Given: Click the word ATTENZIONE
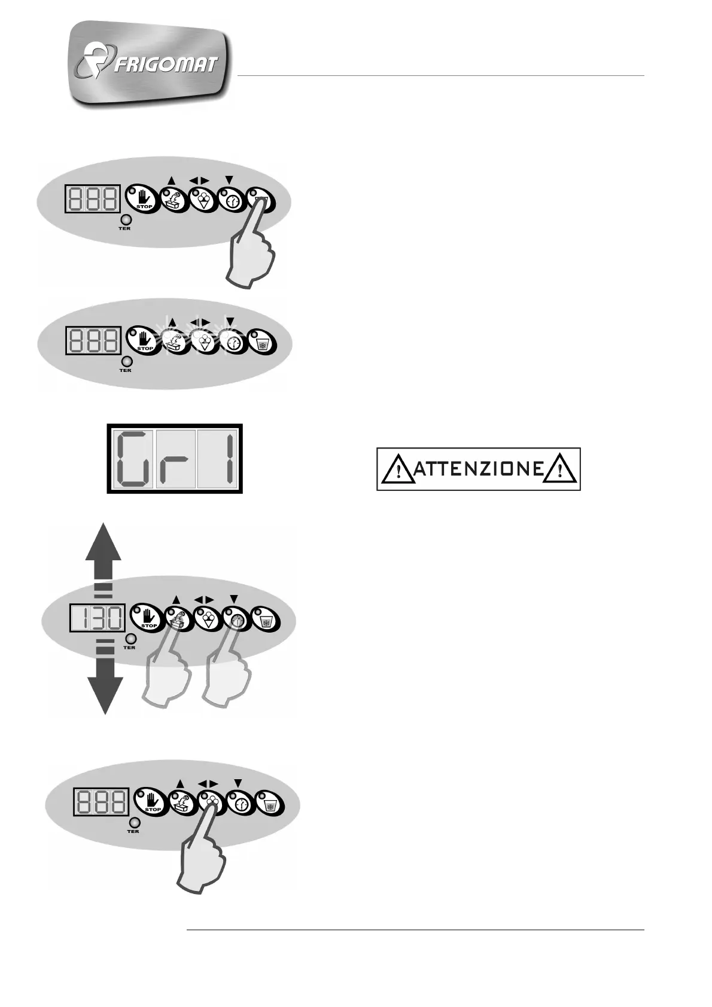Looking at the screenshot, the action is coord(478,469).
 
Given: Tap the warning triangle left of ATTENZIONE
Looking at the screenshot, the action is coord(396,469).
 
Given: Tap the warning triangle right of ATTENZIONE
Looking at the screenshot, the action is coord(560,469).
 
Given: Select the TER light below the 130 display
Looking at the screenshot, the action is coord(129,638).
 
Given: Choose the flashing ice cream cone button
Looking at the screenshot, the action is coord(204,341).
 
